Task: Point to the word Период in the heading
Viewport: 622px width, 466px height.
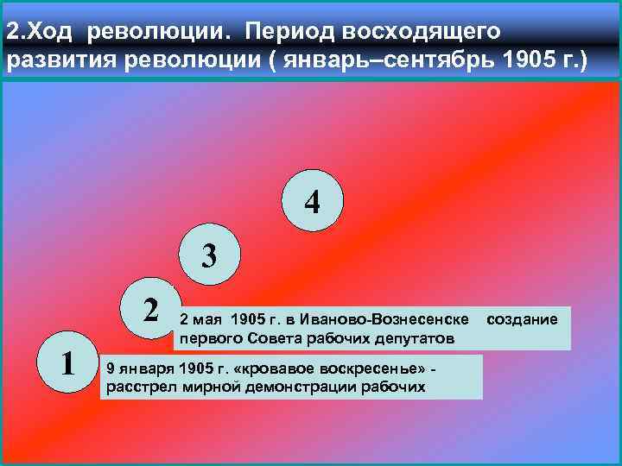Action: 290,32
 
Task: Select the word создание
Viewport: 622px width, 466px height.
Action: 523,320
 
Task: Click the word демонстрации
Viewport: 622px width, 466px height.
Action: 301,386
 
